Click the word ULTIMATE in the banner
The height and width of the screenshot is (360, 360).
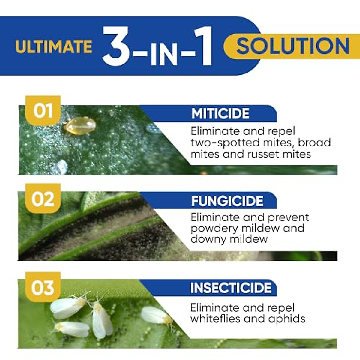(x=54, y=47)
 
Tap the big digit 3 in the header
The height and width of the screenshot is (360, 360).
(x=116, y=46)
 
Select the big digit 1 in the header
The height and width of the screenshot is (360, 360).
(x=204, y=46)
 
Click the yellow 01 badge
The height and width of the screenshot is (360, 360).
(x=43, y=110)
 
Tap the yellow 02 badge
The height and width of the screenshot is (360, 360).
(x=43, y=199)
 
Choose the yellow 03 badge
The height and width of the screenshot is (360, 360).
(x=43, y=287)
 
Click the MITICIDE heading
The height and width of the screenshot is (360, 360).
(x=220, y=114)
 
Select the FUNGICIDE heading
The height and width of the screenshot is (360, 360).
(x=227, y=201)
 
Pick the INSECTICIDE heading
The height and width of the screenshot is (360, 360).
(x=231, y=288)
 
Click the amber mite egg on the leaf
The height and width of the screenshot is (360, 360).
(x=80, y=125)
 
